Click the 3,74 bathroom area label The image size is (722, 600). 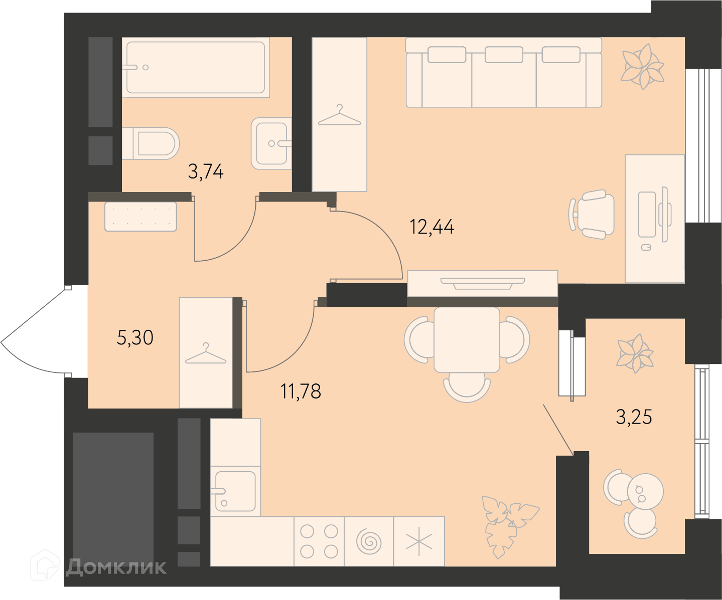pos(206,171)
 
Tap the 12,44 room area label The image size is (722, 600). pos(432,227)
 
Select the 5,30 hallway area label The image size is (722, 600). pos(135,337)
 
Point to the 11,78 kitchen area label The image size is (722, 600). pos(301,391)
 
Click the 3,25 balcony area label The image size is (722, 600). pos(634,417)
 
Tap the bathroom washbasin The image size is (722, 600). pos(271,143)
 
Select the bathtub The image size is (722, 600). pos(196,67)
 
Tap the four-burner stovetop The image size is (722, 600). pos(319,541)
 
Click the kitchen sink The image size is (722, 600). pos(235,491)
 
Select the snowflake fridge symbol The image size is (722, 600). pos(419,541)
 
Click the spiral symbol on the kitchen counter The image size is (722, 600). pos(369,542)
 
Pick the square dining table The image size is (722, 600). pos(467,340)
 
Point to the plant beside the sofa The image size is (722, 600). pos(642,67)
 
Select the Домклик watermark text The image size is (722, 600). pos(116,567)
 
